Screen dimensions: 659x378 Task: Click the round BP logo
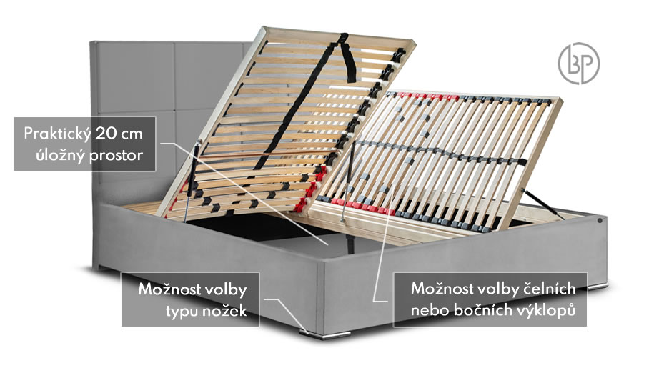point(579,63)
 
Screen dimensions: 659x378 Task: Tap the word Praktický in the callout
point(57,134)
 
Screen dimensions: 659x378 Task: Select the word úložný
point(61,154)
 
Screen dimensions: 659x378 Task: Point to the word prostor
point(116,156)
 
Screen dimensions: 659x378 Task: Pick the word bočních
point(481,310)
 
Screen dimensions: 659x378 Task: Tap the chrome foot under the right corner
point(597,287)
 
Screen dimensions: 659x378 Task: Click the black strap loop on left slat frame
point(348,58)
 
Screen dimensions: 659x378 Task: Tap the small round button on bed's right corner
point(599,219)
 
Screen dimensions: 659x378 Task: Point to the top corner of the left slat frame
point(264,28)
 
